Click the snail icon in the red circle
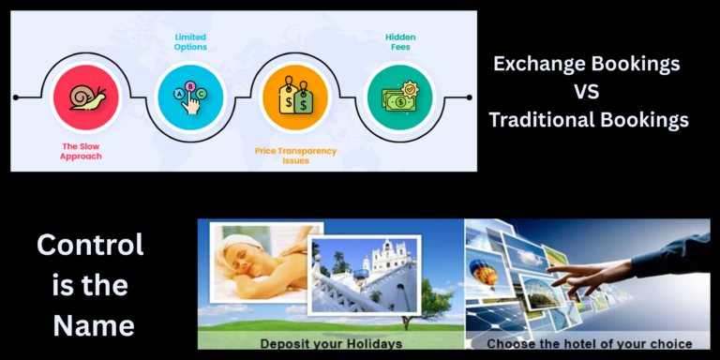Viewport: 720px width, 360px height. (87, 97)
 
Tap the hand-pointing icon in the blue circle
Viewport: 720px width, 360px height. (190, 97)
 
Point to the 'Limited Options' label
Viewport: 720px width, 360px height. (190, 41)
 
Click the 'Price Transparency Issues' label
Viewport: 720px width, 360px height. (294, 155)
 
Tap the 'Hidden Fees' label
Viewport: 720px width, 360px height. (400, 41)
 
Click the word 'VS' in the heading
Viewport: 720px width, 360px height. (587, 92)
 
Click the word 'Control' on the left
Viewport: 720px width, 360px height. (90, 245)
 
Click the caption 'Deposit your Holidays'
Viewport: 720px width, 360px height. (331, 342)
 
